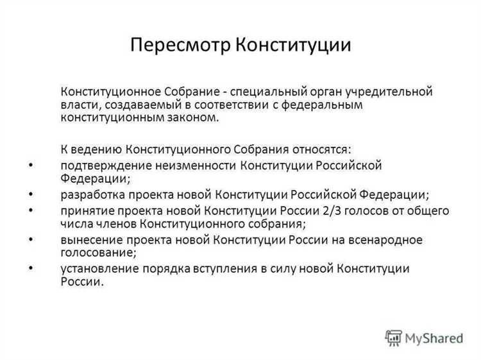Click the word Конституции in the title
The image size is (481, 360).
coord(292,46)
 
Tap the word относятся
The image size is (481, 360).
coord(319,150)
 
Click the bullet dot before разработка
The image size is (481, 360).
coord(31,193)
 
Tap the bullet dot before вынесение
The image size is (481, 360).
coord(31,239)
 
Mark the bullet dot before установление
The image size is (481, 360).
coord(31,268)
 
